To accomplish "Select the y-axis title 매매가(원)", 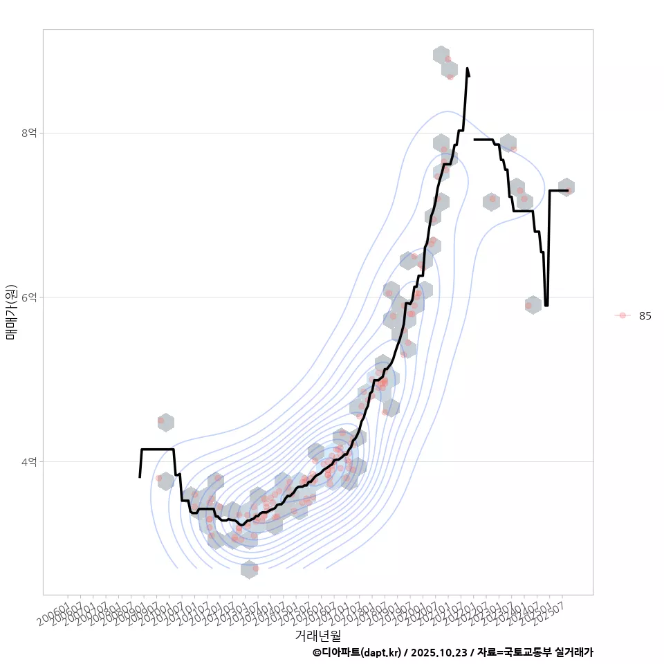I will pos(11,312).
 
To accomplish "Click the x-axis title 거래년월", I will pos(317,635).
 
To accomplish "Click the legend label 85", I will pos(645,316).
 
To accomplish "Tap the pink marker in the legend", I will pos(622,315).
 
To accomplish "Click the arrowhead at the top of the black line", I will pos(468,71).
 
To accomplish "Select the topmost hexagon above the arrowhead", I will pos(441,55).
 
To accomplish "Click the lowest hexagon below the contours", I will pos(250,569).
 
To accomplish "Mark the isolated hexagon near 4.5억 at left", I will pos(165,422).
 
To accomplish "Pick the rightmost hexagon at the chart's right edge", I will pos(566,187).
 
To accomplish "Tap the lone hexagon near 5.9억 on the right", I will pos(533,304).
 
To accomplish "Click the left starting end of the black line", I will pos(140,477).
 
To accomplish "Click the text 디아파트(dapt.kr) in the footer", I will pos(361,652).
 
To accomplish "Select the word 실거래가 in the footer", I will pos(574,652).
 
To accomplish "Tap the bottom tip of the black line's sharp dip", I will pos(546,305).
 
